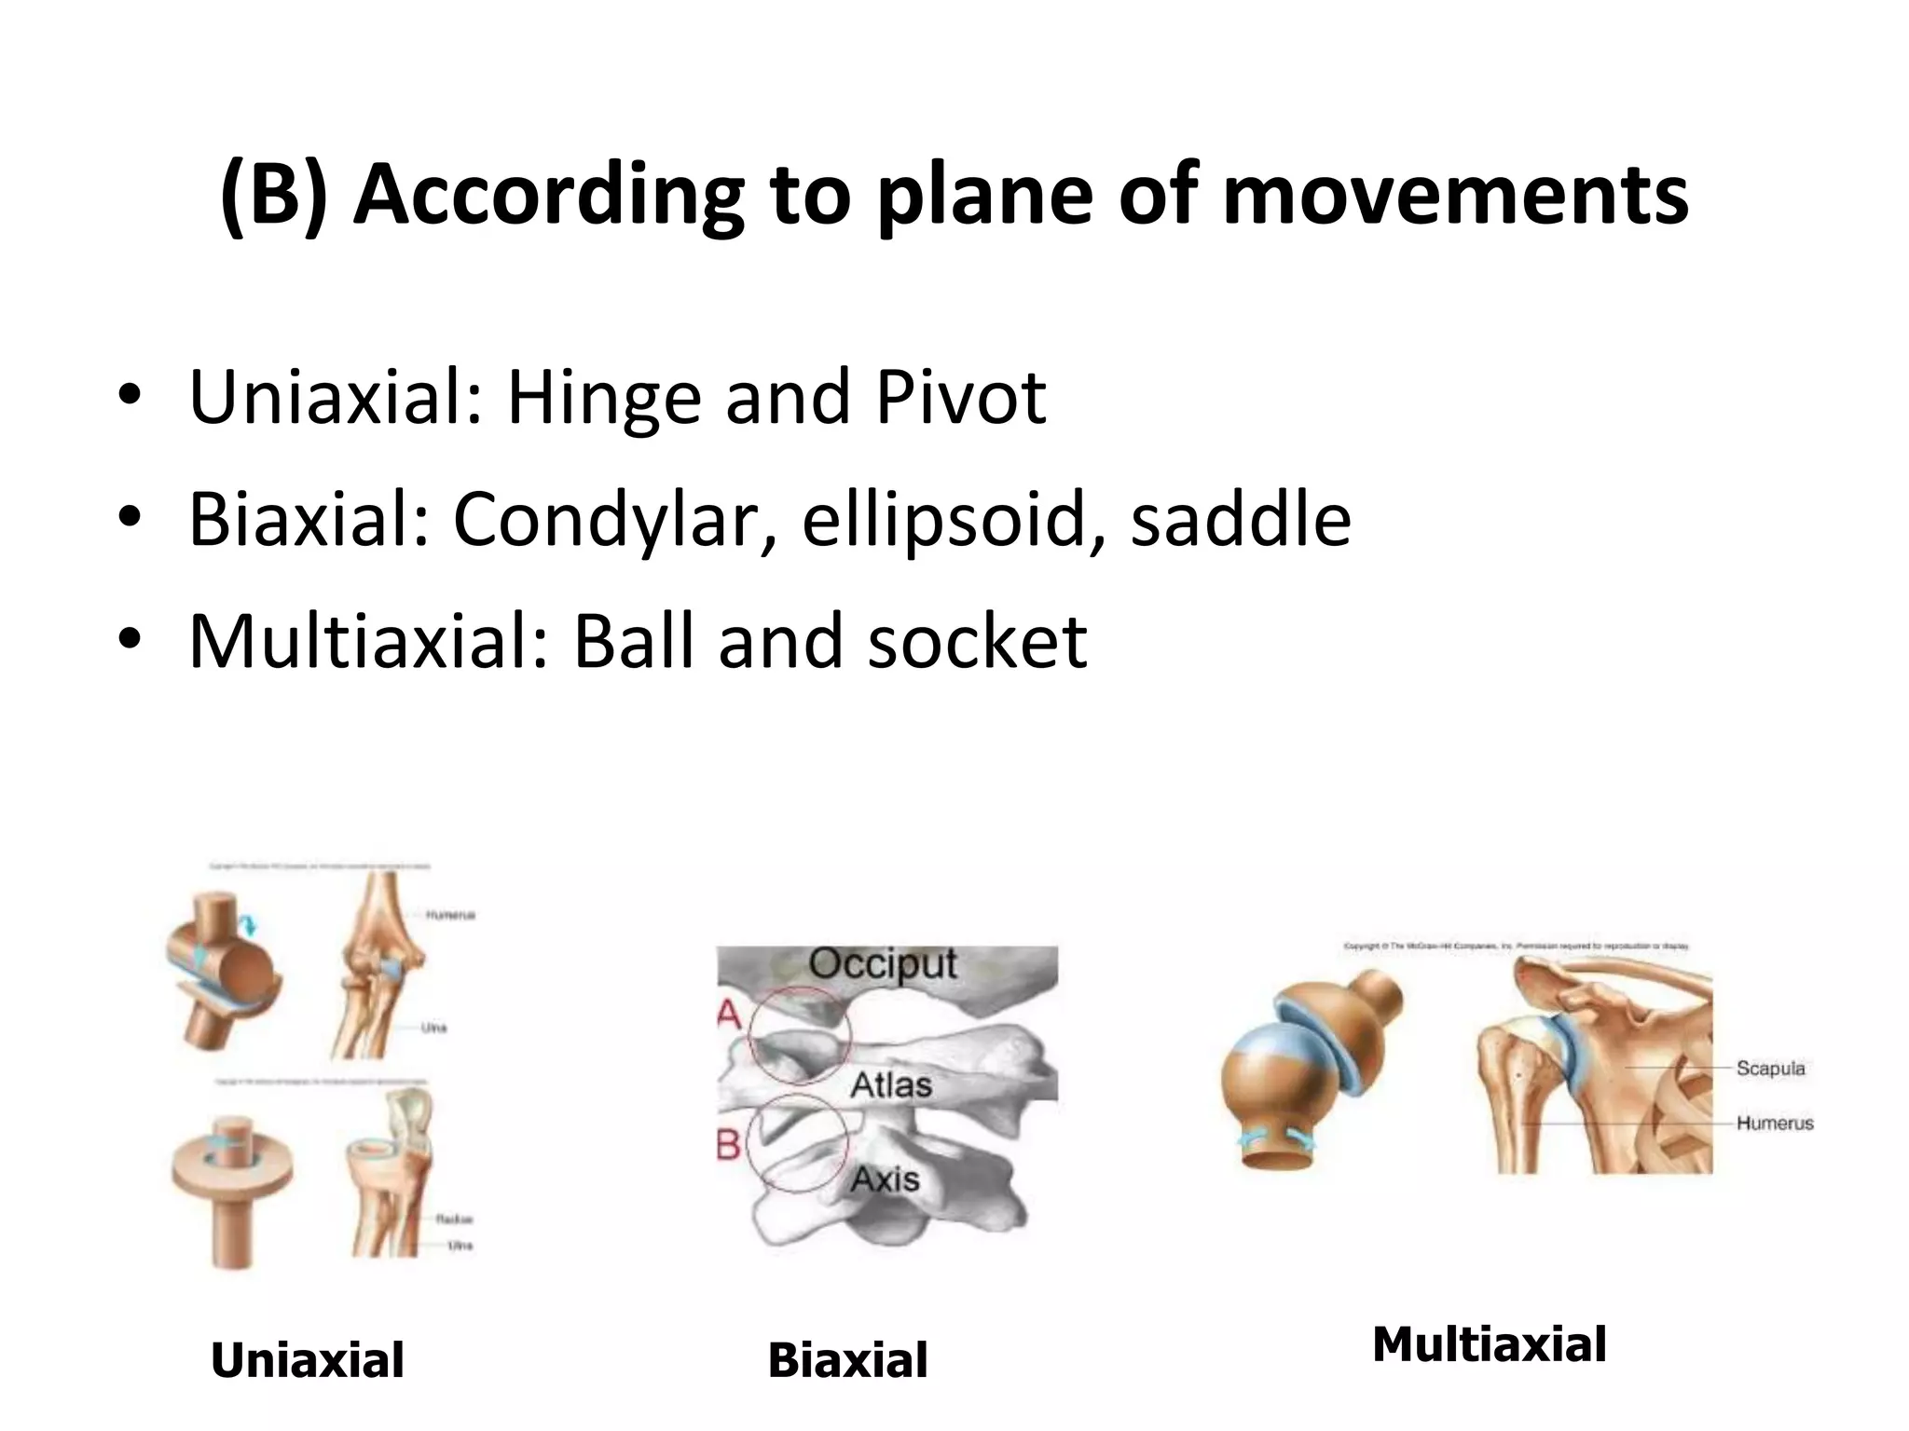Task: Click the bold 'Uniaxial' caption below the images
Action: point(308,1360)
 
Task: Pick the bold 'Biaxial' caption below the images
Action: point(847,1360)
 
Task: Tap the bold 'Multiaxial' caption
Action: point(1489,1344)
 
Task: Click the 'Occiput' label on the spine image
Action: point(882,964)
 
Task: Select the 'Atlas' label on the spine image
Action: point(891,1085)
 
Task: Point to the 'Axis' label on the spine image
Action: point(885,1179)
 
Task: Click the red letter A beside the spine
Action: point(730,1014)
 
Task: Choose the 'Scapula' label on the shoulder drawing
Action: point(1770,1069)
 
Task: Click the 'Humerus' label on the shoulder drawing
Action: point(1774,1124)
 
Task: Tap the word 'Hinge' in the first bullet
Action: point(604,399)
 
